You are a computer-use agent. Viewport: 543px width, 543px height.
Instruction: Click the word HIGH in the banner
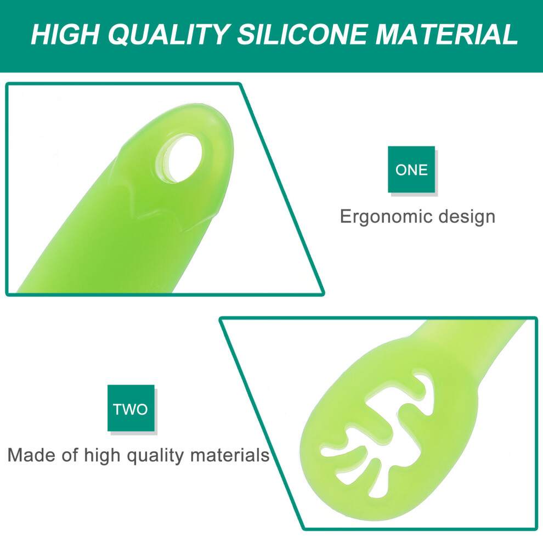tap(65, 35)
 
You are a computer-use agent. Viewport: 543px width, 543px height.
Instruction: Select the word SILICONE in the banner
tap(301, 35)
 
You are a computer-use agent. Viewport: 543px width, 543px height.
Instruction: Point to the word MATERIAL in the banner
tap(446, 35)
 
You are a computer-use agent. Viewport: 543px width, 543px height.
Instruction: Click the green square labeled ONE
tap(411, 169)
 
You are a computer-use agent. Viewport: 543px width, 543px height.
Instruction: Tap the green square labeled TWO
tap(131, 408)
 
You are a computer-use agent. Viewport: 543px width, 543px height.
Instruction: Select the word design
tap(467, 217)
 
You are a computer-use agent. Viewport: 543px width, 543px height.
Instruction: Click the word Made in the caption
tap(31, 455)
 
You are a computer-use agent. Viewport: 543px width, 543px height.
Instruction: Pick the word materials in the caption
tap(230, 455)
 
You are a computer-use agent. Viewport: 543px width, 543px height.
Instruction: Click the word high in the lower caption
tap(102, 456)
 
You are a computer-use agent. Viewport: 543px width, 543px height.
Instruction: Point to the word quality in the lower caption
tap(155, 456)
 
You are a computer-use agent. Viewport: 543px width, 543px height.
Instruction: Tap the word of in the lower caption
tap(70, 455)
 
